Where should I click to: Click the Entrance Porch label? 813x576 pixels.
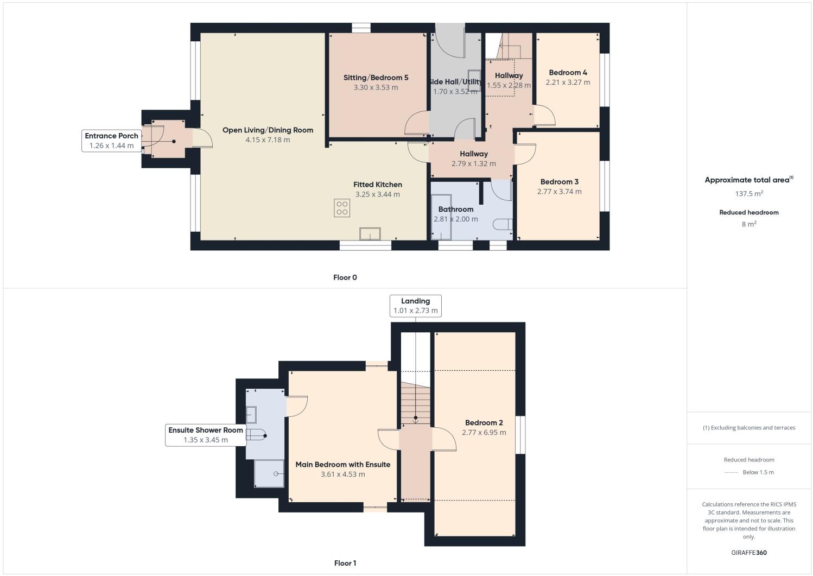[x=111, y=136]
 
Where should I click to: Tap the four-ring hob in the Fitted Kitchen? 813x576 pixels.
[x=342, y=208]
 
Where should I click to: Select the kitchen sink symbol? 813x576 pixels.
[x=370, y=234]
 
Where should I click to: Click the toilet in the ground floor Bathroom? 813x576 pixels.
[x=503, y=224]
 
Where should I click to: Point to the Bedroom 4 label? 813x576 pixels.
[x=568, y=73]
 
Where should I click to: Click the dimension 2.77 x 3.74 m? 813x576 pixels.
[x=559, y=192]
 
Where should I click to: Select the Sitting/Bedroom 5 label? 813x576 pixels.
[x=376, y=78]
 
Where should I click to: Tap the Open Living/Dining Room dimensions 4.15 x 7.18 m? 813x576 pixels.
[x=268, y=140]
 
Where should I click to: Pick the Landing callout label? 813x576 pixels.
[x=415, y=301]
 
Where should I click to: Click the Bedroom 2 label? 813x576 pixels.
[x=484, y=423]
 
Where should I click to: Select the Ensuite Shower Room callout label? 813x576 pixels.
[x=206, y=430]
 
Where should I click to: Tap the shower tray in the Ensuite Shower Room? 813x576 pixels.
[x=269, y=473]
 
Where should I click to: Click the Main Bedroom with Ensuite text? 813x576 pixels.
[x=342, y=465]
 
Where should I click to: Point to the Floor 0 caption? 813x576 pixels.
[x=345, y=277]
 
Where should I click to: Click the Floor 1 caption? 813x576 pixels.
[x=345, y=563]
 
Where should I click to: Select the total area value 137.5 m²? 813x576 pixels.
[x=749, y=194]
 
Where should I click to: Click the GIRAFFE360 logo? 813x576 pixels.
[x=749, y=553]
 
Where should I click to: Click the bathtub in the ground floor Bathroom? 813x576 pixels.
[x=441, y=216]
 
